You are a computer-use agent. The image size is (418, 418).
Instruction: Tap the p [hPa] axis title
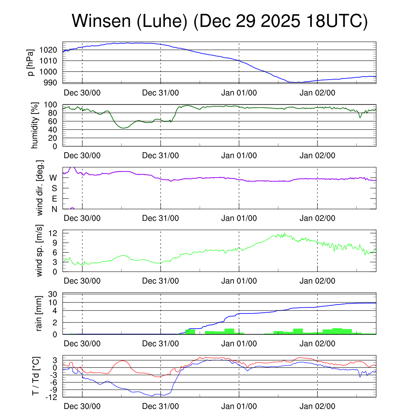click(31, 62)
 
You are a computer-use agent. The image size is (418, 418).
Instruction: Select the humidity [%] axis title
click(35, 125)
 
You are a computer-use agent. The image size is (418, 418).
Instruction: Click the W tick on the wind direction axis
click(53, 178)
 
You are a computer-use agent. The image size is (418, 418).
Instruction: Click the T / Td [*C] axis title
click(36, 376)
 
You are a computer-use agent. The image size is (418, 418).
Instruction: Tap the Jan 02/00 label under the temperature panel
click(318, 407)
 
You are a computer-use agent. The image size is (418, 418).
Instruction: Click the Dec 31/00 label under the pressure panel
click(160, 93)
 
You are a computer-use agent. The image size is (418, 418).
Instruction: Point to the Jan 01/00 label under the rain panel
click(239, 344)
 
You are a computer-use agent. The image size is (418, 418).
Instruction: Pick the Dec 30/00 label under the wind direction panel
click(82, 218)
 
